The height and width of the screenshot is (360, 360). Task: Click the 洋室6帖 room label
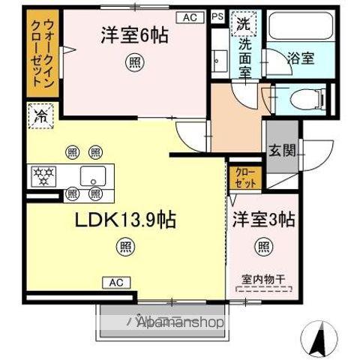click(131, 34)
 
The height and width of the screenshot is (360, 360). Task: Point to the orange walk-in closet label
click(37, 52)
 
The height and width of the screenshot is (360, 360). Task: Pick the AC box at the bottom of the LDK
click(117, 282)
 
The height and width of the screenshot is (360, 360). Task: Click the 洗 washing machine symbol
click(243, 23)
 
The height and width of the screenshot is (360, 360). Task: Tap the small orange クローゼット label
click(244, 178)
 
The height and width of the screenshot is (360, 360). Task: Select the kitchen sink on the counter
click(94, 178)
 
